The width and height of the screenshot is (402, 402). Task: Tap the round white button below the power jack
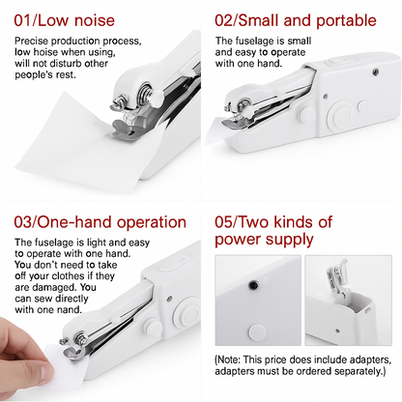point(256,331)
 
